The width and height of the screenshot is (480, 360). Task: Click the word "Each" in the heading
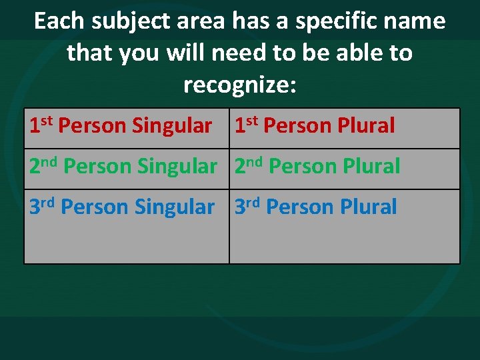click(x=59, y=21)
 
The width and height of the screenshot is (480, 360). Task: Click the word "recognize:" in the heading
click(x=239, y=85)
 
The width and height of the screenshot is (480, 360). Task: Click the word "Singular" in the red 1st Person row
click(x=172, y=125)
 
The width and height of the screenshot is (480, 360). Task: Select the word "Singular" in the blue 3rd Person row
click(x=175, y=207)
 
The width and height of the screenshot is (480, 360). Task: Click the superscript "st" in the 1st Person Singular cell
click(x=46, y=121)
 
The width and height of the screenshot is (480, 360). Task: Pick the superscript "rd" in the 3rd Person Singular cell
click(x=47, y=203)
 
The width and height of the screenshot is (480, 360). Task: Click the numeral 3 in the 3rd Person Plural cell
click(x=240, y=207)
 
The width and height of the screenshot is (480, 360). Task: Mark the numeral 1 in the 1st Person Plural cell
click(x=239, y=125)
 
